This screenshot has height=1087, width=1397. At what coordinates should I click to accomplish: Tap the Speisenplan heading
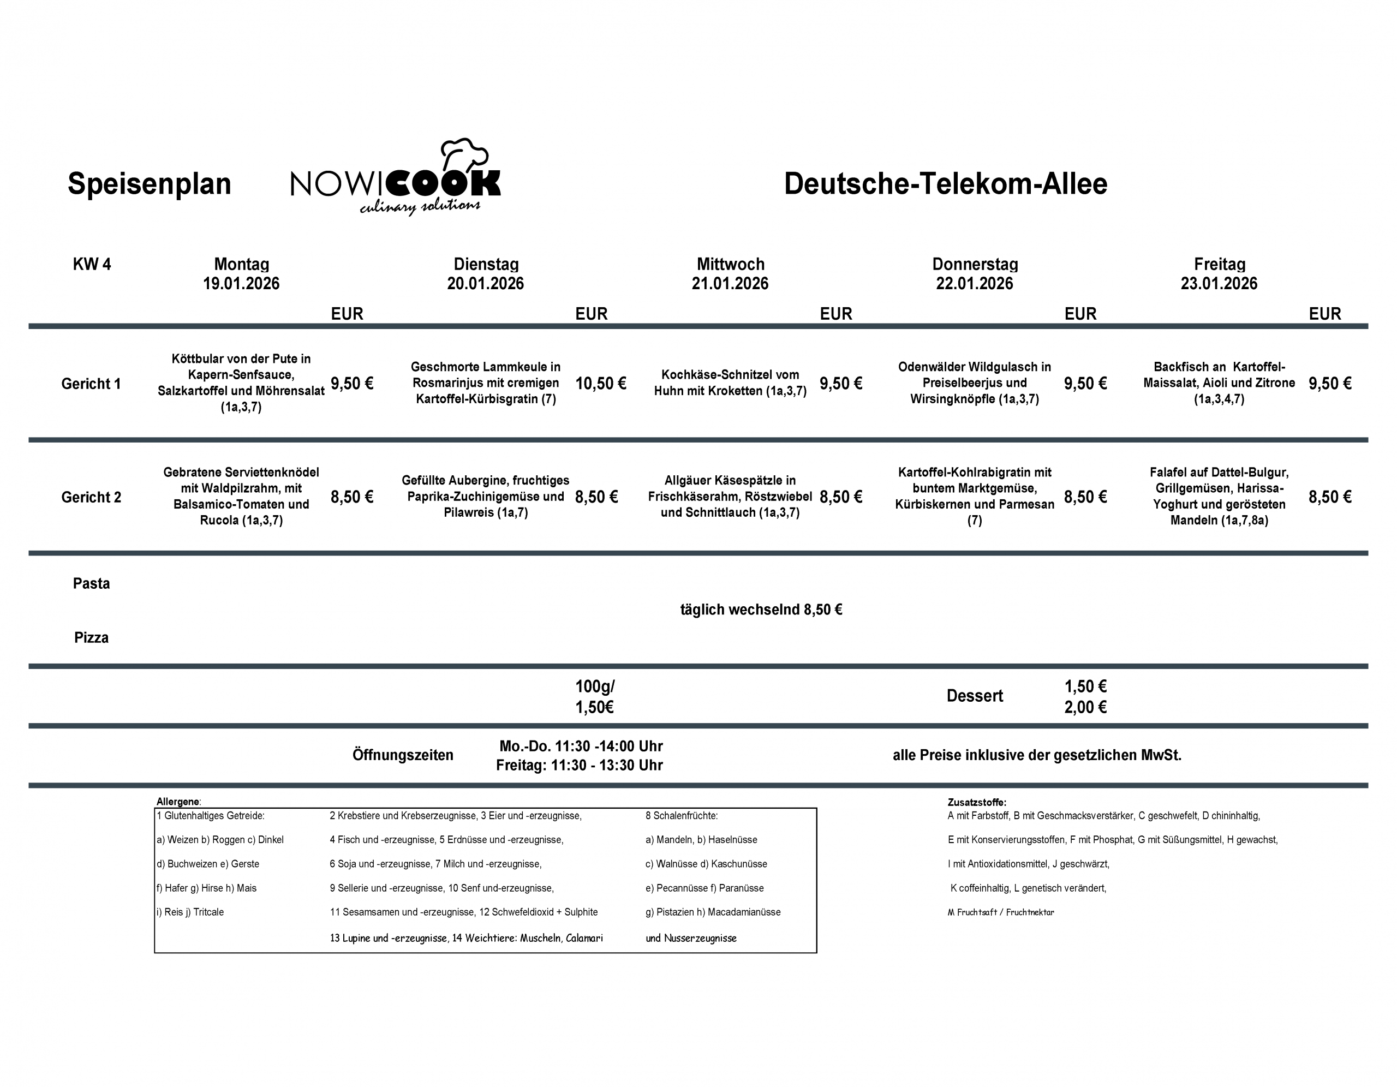click(149, 183)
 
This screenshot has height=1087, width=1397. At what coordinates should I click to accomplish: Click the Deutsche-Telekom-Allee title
click(945, 183)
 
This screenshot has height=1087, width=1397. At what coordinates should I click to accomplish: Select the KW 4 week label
click(92, 264)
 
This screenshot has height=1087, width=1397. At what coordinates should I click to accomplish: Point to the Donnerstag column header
click(974, 264)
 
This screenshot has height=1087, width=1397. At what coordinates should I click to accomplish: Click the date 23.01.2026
click(1219, 283)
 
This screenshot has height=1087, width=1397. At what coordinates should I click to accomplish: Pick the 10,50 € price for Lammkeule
click(600, 383)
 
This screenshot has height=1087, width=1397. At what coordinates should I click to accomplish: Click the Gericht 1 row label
click(91, 383)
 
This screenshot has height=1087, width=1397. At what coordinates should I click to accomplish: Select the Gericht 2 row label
click(91, 497)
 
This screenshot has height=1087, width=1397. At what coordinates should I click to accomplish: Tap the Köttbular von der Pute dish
click(241, 383)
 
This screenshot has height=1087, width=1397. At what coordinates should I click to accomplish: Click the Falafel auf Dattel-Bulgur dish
click(1219, 497)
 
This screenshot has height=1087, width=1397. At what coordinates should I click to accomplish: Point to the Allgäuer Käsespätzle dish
click(730, 497)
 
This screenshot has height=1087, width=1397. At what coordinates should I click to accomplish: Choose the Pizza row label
click(92, 637)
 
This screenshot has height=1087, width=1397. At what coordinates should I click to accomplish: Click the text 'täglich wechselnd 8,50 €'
click(761, 610)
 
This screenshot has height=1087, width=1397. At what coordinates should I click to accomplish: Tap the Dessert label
click(974, 696)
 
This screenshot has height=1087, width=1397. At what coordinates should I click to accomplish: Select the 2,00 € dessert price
click(1085, 707)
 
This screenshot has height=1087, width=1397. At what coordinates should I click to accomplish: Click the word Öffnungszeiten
click(402, 755)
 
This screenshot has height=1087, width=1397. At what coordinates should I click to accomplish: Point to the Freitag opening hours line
click(579, 765)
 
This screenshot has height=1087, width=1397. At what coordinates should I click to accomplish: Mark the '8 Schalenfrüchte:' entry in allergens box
click(681, 816)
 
